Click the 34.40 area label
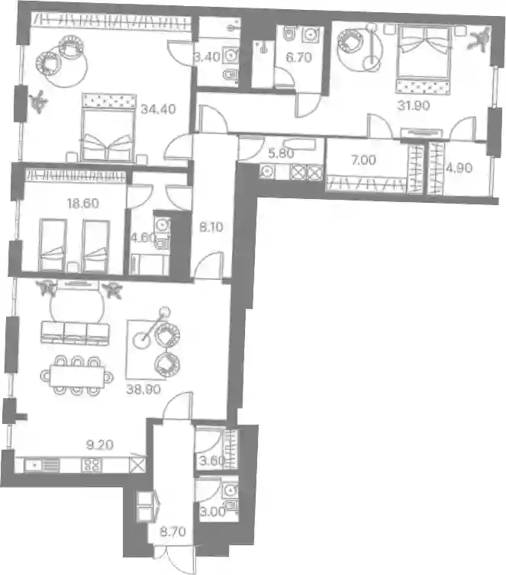pyautogui.click(x=158, y=109)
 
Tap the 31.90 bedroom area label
pyautogui.click(x=414, y=105)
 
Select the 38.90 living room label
pyautogui.click(x=143, y=389)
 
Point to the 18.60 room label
pyautogui.click(x=83, y=203)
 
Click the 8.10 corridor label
pyautogui.click(x=211, y=227)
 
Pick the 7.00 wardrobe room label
pyautogui.click(x=363, y=160)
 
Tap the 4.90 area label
pyautogui.click(x=459, y=168)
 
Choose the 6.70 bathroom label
pyautogui.click(x=298, y=57)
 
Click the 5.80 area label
pyautogui.click(x=281, y=153)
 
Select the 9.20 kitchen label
pyautogui.click(x=100, y=445)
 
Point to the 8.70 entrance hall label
pyautogui.click(x=172, y=532)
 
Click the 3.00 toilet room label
pyautogui.click(x=213, y=512)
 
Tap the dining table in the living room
pyautogui.click(x=77, y=375)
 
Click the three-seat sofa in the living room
pyautogui.click(x=76, y=333)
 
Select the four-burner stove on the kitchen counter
pyautogui.click(x=92, y=466)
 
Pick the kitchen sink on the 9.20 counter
pyautogui.click(x=41, y=466)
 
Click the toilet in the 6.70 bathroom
pyautogui.click(x=289, y=34)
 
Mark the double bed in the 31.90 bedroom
pyautogui.click(x=424, y=59)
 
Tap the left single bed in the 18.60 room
pyautogui.click(x=53, y=245)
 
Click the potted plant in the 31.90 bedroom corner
pyautogui.click(x=479, y=38)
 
